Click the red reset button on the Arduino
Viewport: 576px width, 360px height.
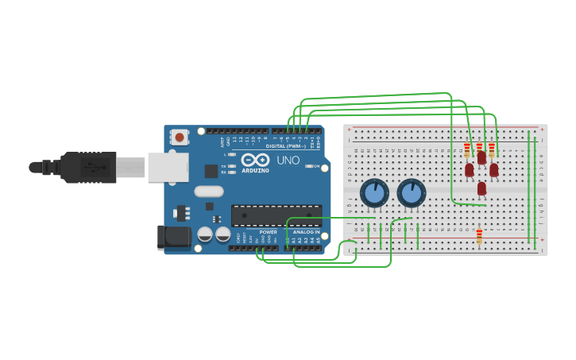tap(180, 137)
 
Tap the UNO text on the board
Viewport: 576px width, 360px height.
tap(288, 161)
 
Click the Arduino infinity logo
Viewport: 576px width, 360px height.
tap(255, 160)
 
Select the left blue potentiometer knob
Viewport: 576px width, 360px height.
tap(374, 193)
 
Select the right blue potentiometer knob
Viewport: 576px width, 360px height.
tap(411, 193)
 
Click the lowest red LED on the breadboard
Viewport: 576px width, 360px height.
tap(481, 188)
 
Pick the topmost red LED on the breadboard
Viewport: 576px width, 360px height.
tap(481, 157)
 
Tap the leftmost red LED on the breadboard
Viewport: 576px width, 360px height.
tap(470, 169)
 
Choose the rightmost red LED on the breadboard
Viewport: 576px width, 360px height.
tap(494, 169)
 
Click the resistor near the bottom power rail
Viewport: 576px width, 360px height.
tap(479, 236)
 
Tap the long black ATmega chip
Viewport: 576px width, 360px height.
tap(276, 215)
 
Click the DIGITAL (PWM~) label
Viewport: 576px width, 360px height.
tap(286, 146)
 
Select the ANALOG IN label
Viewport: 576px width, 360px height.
tap(306, 232)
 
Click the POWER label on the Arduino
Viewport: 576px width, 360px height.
tap(268, 232)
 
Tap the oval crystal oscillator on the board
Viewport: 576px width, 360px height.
tap(209, 191)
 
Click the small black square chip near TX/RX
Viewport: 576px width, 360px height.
tap(211, 171)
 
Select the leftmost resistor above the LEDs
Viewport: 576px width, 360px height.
tap(467, 149)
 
